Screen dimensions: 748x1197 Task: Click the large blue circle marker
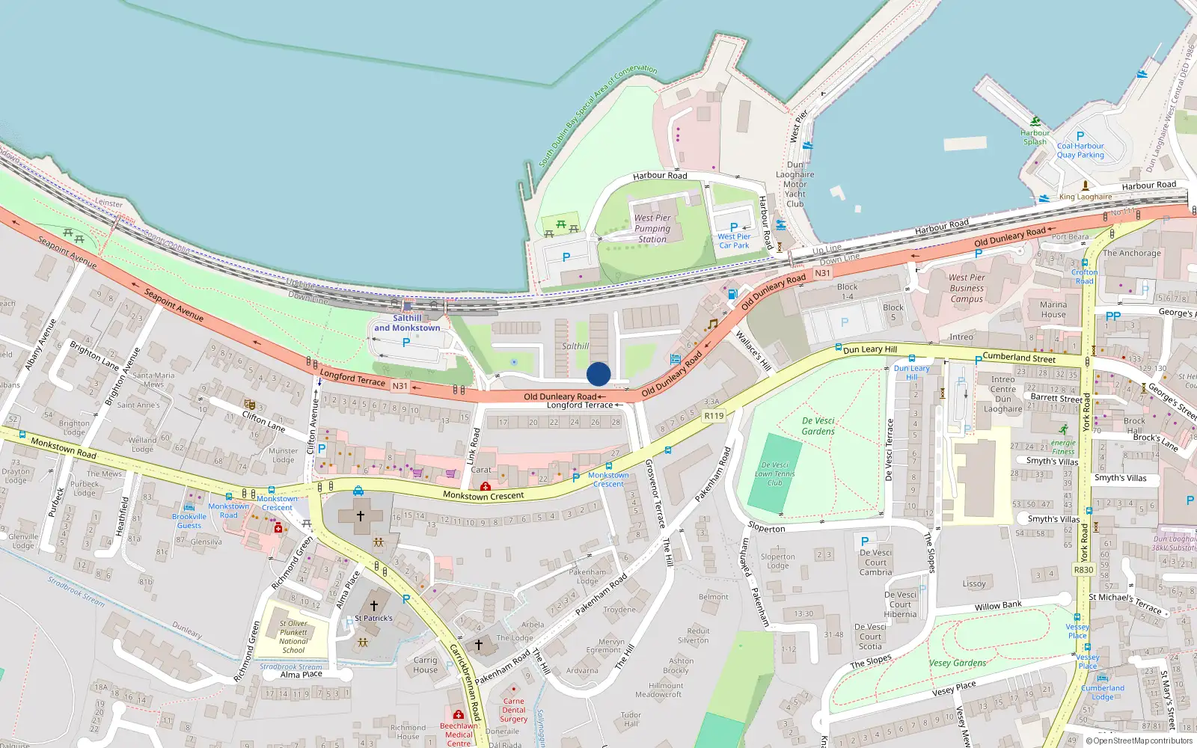[x=598, y=374]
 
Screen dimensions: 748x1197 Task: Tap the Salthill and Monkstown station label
[x=407, y=323]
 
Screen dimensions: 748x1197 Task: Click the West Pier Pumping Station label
[x=652, y=228]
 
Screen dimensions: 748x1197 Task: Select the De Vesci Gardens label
[x=818, y=426]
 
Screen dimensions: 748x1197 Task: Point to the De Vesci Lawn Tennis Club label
[x=774, y=473]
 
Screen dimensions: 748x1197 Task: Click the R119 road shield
[x=714, y=416]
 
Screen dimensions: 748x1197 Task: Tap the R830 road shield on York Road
[x=1083, y=569]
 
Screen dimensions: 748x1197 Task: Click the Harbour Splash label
[x=1035, y=137]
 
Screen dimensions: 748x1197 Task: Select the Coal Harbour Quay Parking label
[x=1080, y=150]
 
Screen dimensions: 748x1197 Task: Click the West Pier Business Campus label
[x=967, y=288]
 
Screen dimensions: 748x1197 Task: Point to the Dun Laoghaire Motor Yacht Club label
[x=795, y=184]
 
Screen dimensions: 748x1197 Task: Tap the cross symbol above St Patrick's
[x=374, y=605]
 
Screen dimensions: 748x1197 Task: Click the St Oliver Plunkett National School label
[x=293, y=637]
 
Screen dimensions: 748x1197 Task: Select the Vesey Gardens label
[x=958, y=663]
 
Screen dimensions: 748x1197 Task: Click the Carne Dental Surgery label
[x=514, y=710]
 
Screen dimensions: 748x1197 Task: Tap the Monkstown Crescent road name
[x=483, y=495]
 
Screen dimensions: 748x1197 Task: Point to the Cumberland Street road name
[x=1018, y=358]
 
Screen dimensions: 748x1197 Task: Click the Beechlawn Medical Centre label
[x=459, y=734]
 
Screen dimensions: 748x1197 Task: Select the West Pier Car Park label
[x=734, y=241]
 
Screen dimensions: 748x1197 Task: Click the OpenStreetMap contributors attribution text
[x=1139, y=741]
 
